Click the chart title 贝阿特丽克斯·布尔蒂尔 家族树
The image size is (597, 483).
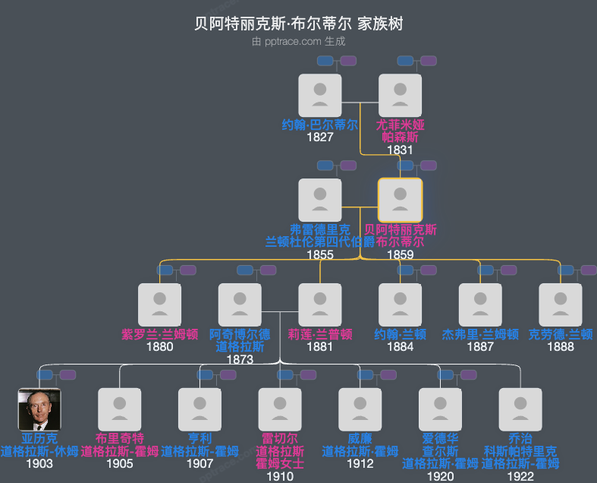298,24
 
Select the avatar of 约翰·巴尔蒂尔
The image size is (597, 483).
320,96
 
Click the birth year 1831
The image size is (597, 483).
400,150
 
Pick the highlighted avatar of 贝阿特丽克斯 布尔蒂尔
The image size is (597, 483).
400,200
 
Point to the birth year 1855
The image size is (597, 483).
320,254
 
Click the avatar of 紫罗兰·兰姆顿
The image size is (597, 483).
160,305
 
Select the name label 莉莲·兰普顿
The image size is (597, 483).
320,334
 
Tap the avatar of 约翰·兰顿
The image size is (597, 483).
400,305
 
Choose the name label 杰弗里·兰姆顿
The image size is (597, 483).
480,334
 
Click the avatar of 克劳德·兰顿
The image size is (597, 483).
561,305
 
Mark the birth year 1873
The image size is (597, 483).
240,359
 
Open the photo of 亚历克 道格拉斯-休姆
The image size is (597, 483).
39,410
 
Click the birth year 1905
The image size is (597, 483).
120,463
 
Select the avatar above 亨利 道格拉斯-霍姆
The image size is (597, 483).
200,410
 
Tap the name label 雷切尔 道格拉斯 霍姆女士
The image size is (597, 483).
280,451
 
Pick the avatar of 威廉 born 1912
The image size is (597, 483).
360,410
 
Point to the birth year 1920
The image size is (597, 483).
440,476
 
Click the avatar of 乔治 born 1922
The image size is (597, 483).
520,410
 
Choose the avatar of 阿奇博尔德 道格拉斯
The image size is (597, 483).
240,305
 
